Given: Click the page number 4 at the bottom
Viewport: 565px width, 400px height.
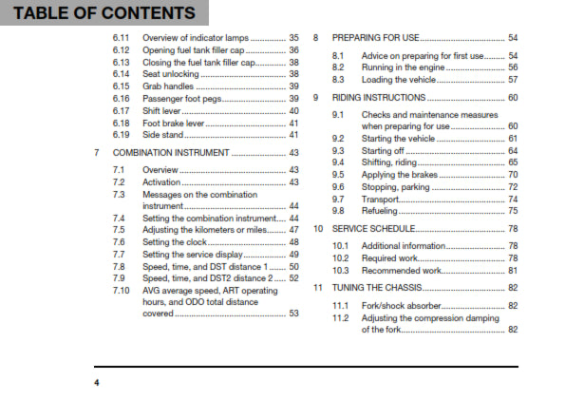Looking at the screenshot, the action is pos(96,382).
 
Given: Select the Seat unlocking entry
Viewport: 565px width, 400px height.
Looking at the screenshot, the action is pos(171,74).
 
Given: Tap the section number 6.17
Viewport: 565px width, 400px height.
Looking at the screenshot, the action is pos(120,111).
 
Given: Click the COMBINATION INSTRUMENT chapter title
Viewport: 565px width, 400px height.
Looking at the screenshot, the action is pos(171,153).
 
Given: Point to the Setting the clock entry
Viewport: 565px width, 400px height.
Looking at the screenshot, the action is pos(175,242).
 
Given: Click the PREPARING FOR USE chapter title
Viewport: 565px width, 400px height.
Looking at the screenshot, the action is pos(377,38).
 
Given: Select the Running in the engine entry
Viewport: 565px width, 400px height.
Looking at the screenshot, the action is pos(403,68).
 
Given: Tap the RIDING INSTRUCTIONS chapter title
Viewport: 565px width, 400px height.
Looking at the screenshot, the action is pos(379,98).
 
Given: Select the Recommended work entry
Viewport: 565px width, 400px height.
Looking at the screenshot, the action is pos(402,271).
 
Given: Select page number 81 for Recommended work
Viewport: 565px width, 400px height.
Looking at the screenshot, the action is pos(512,271).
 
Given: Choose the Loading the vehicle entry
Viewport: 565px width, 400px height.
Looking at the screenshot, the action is pos(400,80).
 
